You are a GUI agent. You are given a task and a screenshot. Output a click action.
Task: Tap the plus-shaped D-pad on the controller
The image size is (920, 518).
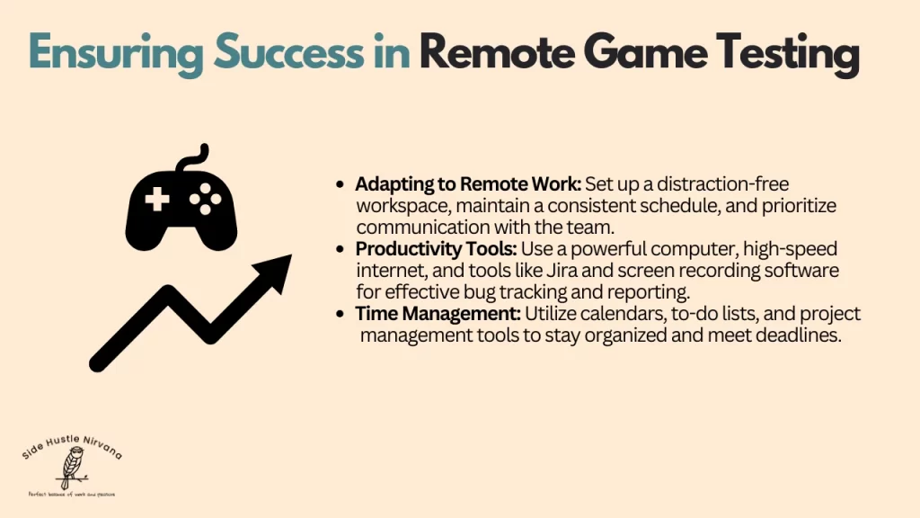point(156,198)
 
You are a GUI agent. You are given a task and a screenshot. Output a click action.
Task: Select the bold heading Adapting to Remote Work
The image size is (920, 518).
point(467,184)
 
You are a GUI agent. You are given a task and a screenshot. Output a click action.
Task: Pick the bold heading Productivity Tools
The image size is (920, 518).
point(435,248)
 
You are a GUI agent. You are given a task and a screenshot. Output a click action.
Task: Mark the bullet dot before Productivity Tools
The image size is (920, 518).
point(340,249)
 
